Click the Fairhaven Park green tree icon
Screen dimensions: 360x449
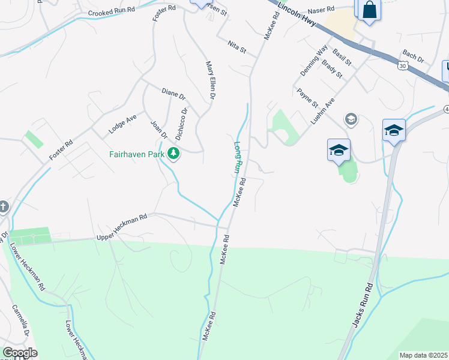point(174,154)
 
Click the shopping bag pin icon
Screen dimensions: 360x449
point(369,10)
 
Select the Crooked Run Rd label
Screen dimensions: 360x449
point(111,12)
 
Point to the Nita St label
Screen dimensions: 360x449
point(237,46)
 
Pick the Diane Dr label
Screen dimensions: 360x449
point(173,94)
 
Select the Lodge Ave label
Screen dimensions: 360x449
point(122,123)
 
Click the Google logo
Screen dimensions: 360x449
point(20,353)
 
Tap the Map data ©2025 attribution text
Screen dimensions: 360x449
point(424,355)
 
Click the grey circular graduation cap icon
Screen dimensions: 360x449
point(351,119)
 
